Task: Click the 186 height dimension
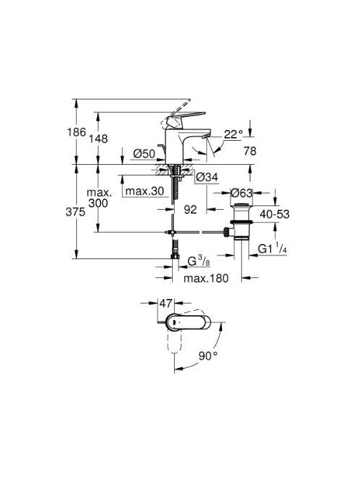coord(76,133)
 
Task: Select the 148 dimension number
coord(99,139)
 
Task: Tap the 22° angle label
coord(233,134)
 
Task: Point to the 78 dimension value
coord(250,151)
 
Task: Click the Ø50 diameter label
coord(144,153)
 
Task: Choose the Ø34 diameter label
coord(207,177)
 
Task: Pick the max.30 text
coord(145,191)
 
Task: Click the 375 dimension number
coord(75,212)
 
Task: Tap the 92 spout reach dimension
coord(190,210)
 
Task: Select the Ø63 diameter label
coord(242,193)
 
